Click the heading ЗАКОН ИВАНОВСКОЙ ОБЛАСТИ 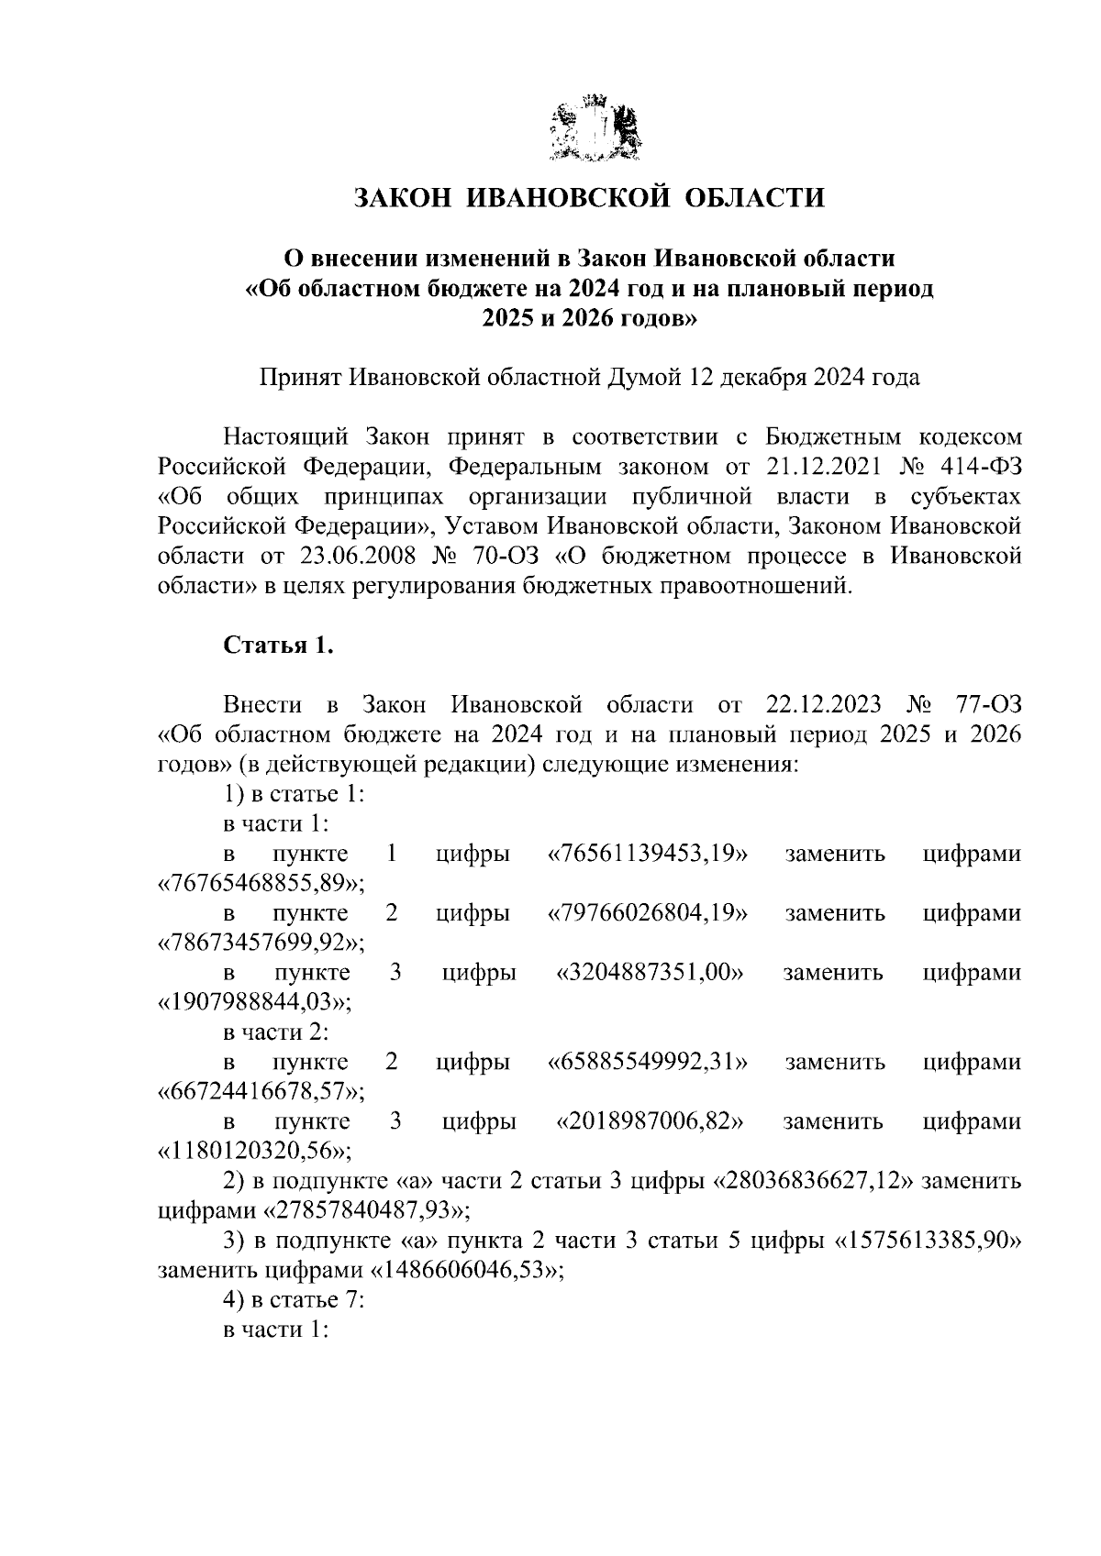tap(590, 197)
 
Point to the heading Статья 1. tap(278, 645)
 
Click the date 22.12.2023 tap(822, 705)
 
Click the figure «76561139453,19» tap(648, 854)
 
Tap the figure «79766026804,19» tap(648, 913)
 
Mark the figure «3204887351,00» tap(650, 973)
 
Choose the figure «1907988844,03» tap(256, 1002)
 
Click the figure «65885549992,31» tap(648, 1062)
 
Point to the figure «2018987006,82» tap(650, 1121)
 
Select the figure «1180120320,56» tap(256, 1151)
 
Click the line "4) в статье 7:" tap(295, 1299)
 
